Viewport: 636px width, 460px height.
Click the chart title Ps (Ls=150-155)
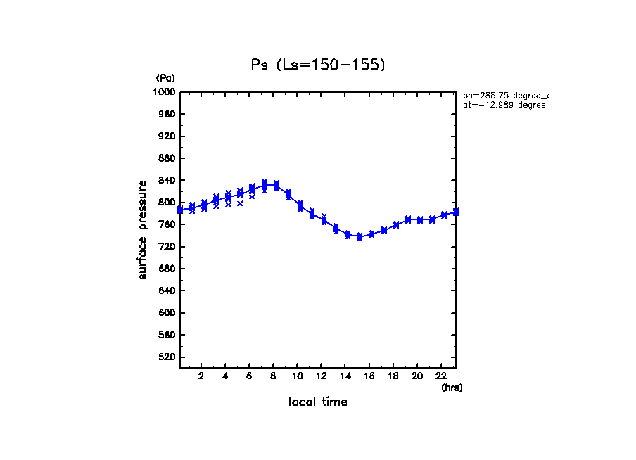(x=318, y=65)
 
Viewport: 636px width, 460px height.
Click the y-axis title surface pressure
(x=143, y=229)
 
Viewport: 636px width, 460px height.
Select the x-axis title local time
(x=318, y=402)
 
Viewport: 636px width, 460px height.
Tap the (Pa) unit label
(x=165, y=78)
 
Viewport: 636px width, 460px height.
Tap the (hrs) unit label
(x=452, y=388)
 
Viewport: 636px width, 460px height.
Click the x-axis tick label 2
(x=201, y=376)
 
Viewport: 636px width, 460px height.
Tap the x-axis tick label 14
(x=345, y=376)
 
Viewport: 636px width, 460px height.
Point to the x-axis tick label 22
(x=442, y=376)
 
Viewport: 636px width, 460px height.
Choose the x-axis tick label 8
(x=273, y=376)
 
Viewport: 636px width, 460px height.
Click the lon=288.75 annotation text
(x=504, y=95)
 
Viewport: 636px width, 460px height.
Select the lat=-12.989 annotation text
(x=504, y=105)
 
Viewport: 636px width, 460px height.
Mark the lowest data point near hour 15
(x=360, y=238)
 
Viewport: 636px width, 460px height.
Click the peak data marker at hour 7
(x=264, y=184)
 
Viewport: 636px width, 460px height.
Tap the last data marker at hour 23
(x=456, y=212)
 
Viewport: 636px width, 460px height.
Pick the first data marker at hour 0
(x=180, y=210)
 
